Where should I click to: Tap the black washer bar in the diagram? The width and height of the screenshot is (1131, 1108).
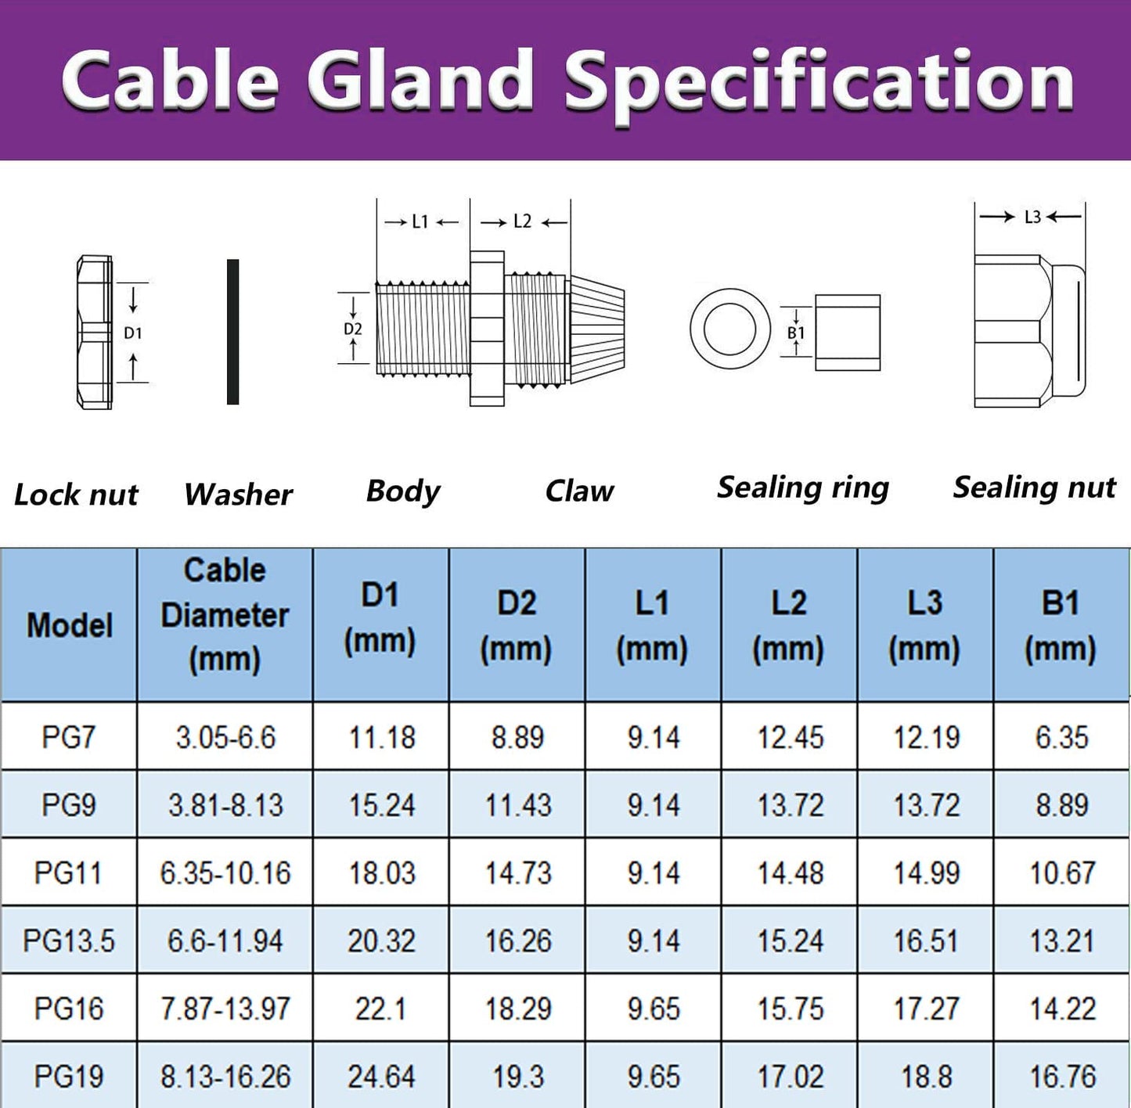click(x=232, y=332)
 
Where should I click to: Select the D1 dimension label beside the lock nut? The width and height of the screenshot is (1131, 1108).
click(x=133, y=333)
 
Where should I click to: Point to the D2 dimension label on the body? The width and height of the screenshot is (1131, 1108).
click(x=353, y=329)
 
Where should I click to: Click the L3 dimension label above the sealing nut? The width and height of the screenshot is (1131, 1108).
click(x=1032, y=218)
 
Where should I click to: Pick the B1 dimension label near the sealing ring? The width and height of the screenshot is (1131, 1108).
click(x=796, y=333)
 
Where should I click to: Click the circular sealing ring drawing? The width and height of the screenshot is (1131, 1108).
click(x=729, y=328)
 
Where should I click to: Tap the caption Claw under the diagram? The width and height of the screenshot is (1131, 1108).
click(x=579, y=491)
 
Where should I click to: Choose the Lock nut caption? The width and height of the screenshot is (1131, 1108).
click(x=76, y=495)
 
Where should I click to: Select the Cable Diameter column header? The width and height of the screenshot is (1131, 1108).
click(x=225, y=615)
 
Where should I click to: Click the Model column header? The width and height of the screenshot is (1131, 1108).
click(x=70, y=625)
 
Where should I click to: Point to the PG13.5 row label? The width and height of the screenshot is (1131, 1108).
click(x=69, y=941)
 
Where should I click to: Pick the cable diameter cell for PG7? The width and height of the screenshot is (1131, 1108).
click(x=225, y=737)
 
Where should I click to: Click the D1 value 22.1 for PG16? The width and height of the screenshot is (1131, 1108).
click(x=380, y=1009)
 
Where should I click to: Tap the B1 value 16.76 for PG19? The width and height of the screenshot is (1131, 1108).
click(x=1062, y=1077)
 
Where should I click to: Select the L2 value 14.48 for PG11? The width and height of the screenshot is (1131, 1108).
click(x=790, y=873)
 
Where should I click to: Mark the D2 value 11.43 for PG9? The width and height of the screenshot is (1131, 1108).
click(x=518, y=805)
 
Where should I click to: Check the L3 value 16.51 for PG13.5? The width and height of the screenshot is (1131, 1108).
click(x=926, y=941)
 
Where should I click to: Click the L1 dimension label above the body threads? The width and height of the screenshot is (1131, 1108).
click(x=420, y=222)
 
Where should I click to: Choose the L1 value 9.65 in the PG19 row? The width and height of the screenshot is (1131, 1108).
click(x=654, y=1077)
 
